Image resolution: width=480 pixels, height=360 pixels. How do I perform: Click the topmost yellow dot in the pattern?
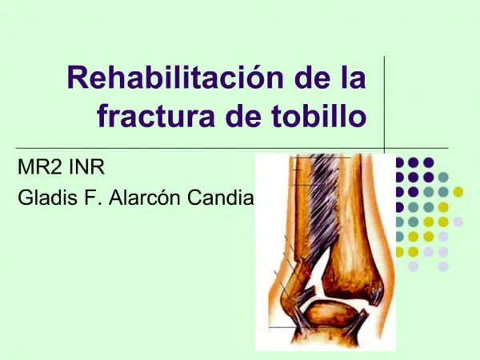[458, 191]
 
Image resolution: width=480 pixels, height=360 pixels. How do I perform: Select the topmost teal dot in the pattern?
[443, 177]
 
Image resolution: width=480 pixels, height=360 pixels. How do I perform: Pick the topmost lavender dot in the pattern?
[458, 222]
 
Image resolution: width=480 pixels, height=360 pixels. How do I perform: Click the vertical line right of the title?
[385, 104]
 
